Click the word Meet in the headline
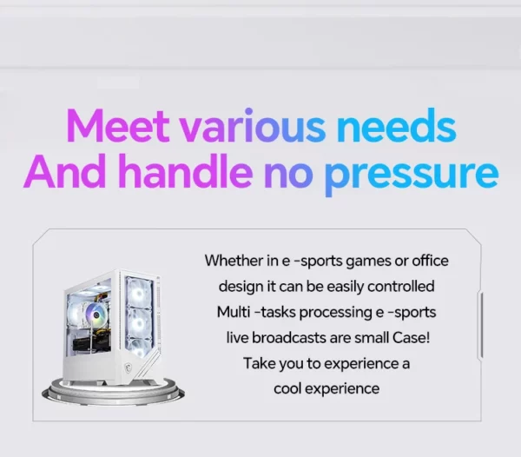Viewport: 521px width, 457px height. coord(118,125)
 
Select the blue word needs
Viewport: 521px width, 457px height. coord(397,125)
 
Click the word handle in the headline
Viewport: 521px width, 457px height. coord(186,171)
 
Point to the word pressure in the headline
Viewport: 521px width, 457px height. coord(412,176)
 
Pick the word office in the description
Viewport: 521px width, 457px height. coord(431,261)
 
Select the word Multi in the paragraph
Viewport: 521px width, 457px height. coord(234,312)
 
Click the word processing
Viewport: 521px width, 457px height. coord(335,313)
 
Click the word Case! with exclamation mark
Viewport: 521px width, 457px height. coord(411,338)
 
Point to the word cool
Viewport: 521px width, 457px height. coord(287,388)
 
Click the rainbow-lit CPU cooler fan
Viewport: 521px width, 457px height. coord(96,315)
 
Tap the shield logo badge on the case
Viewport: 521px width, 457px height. coord(128,368)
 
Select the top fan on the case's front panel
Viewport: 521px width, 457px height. coord(139,292)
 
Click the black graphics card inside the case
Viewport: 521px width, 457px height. coord(87,344)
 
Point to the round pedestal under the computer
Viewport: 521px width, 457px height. coord(113,393)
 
